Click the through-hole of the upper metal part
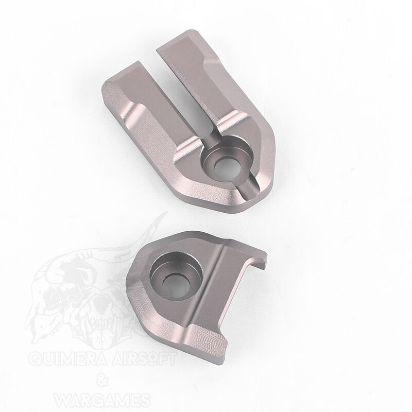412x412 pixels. coord(227,169)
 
